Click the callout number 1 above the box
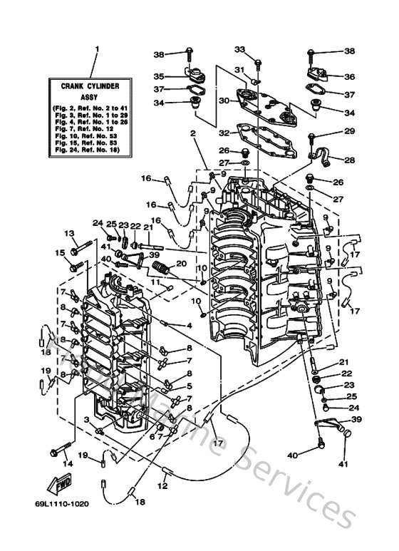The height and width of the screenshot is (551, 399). [98, 49]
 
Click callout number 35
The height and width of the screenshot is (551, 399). [160, 76]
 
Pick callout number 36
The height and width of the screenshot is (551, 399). [349, 77]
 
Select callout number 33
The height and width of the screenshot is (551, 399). [239, 49]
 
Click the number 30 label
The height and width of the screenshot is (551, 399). [224, 101]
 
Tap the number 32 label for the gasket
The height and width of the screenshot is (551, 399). [224, 133]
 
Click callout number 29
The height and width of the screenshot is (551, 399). [349, 132]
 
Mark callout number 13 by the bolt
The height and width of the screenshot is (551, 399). [70, 233]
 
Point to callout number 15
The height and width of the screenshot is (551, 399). [60, 252]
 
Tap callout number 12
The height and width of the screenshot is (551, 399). [162, 486]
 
